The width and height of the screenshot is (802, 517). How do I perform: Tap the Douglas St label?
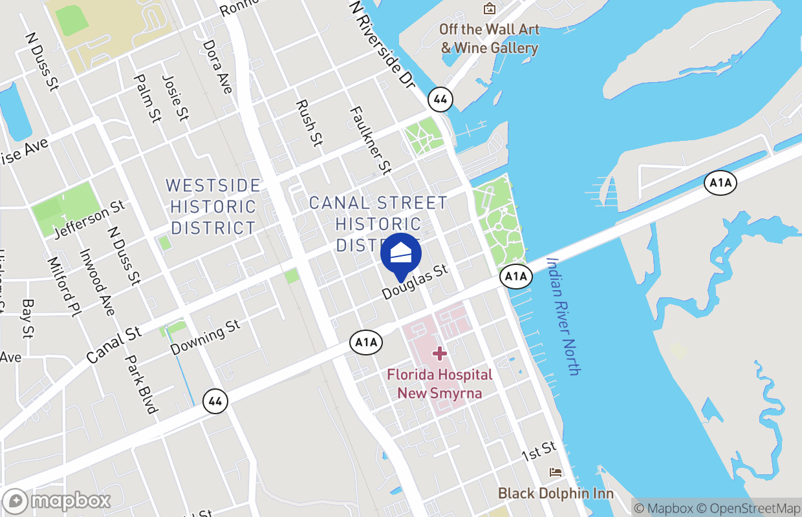[415, 282]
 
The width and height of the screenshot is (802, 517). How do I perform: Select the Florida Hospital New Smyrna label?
[440, 383]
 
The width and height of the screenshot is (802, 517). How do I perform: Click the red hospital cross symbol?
[440, 353]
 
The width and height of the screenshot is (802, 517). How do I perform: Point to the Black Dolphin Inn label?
[556, 493]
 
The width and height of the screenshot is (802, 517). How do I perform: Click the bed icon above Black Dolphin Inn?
[556, 472]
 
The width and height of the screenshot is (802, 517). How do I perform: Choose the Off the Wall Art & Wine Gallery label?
[489, 39]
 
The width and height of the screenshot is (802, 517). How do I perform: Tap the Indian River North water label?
[563, 316]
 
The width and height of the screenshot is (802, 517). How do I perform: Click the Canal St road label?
[114, 344]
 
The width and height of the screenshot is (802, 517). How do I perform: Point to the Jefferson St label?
[89, 219]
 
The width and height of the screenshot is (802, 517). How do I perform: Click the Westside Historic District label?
[213, 207]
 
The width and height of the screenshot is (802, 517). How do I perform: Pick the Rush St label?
[309, 123]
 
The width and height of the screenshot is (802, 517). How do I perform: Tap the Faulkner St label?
[371, 140]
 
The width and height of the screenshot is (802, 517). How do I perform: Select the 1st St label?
[539, 451]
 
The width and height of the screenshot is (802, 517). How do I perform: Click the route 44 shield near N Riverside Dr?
[440, 100]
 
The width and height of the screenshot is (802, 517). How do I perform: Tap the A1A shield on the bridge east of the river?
[721, 183]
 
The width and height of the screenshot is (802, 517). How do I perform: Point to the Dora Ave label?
[217, 67]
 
